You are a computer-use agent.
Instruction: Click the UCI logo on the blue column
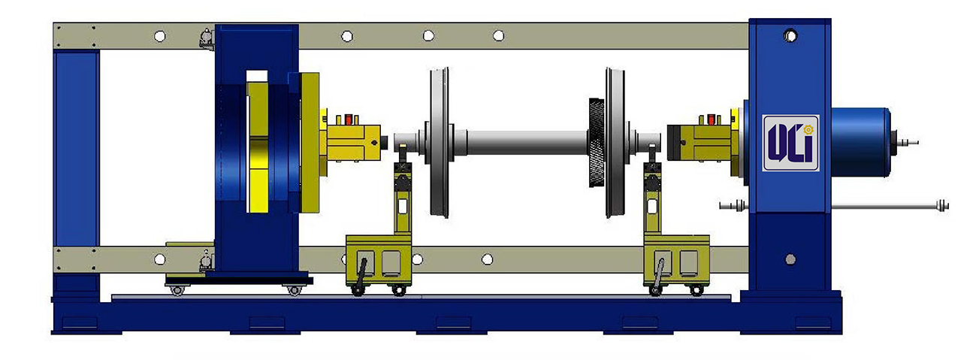click(x=790, y=143)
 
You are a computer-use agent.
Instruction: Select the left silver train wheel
click(x=440, y=142)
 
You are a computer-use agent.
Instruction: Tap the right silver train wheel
click(x=615, y=142)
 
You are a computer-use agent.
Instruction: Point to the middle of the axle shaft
click(x=527, y=142)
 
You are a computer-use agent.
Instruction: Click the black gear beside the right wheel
click(x=597, y=143)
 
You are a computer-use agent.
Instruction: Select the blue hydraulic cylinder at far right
click(x=860, y=142)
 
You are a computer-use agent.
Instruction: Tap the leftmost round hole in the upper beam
click(x=160, y=36)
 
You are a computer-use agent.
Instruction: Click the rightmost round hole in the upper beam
click(x=498, y=36)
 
